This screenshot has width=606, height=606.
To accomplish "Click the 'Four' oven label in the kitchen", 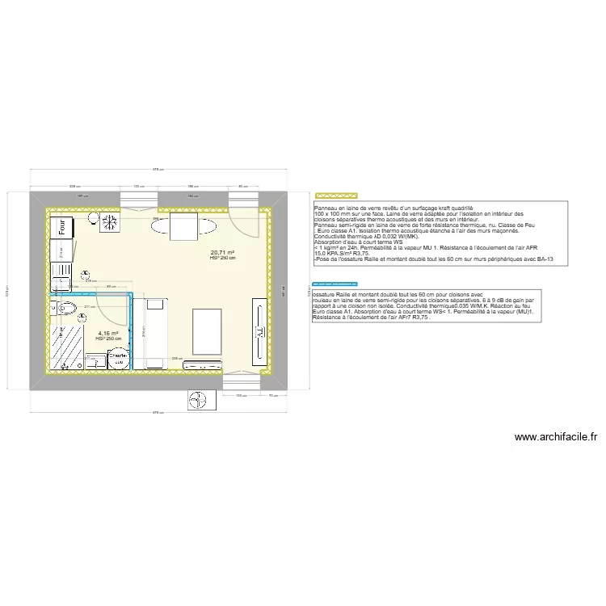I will coord(61,228).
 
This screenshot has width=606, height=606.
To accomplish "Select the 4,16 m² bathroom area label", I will coord(107,334).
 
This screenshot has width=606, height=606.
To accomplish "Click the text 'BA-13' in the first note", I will coord(545,259).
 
